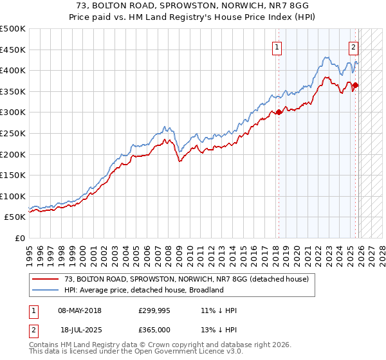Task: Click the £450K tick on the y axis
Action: point(13,50)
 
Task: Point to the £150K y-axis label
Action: point(13,175)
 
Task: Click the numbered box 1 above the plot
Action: point(277,46)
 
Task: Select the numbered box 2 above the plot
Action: point(353,46)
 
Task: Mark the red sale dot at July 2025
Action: point(356,85)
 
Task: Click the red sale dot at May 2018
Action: point(279,113)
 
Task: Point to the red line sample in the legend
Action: point(45,279)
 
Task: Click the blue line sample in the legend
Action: point(45,290)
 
